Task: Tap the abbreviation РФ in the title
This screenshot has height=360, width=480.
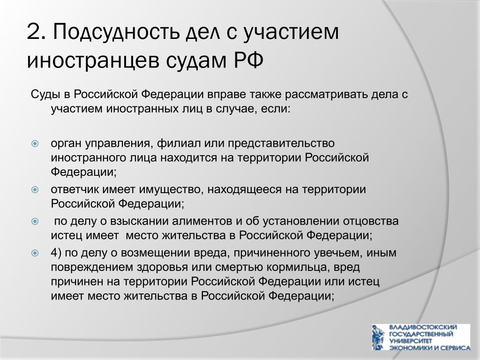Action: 248,60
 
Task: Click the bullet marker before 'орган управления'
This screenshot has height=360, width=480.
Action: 35,143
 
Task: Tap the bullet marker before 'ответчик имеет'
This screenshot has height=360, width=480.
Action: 35,189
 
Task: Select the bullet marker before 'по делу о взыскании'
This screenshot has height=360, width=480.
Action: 35,221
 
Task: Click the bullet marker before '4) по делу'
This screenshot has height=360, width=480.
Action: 35,253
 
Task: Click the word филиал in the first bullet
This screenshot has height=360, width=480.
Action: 179,143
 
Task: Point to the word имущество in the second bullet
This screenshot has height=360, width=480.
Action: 171,190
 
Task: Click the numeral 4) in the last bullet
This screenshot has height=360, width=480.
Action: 56,253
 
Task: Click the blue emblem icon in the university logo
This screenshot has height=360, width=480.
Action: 379,337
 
